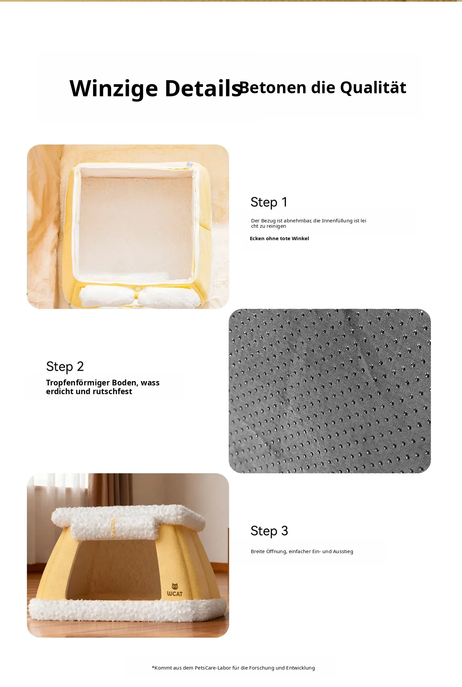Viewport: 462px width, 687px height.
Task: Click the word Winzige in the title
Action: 113,89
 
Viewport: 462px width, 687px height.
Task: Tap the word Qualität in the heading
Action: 373,88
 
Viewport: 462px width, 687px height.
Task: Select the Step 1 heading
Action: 269,202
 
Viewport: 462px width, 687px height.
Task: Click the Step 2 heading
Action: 65,367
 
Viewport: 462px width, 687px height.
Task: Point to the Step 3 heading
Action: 269,531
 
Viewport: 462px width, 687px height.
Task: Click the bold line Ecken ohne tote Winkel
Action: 279,239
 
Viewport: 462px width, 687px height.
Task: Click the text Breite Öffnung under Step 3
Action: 269,551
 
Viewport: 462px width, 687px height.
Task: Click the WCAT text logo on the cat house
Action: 175,594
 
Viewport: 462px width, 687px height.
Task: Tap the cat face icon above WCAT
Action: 175,586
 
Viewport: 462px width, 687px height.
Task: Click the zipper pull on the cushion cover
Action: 189,164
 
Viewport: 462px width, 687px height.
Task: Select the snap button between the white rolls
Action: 137,288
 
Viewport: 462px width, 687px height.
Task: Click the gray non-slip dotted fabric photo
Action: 330,391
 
